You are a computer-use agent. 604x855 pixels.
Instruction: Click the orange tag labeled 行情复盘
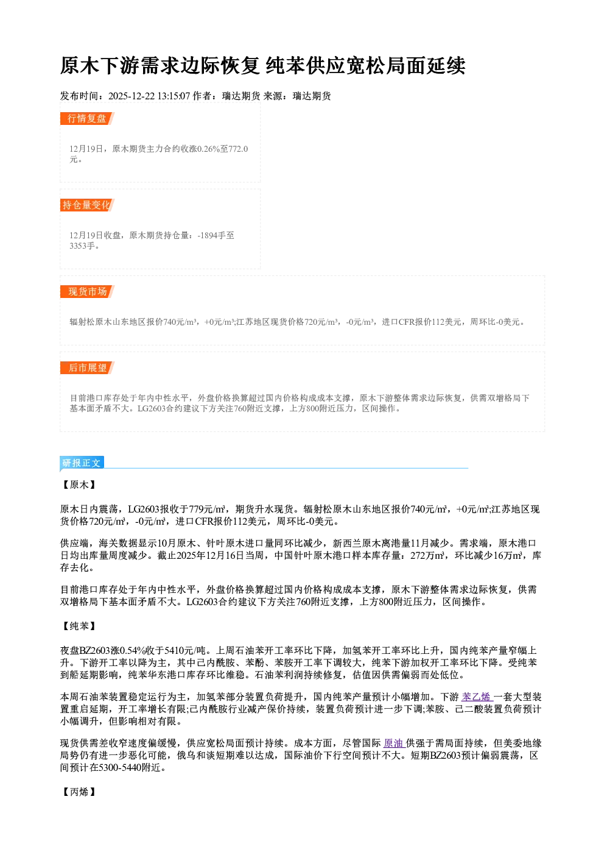[x=87, y=118]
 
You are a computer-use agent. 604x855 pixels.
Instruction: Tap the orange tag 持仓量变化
[x=87, y=205]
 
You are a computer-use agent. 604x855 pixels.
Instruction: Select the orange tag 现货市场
[x=87, y=292]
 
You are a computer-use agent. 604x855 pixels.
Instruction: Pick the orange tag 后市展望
[x=87, y=367]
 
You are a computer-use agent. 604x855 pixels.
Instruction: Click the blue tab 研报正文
[x=82, y=463]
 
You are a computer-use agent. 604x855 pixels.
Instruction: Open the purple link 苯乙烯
[x=477, y=697]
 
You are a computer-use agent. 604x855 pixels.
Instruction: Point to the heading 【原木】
[x=79, y=484]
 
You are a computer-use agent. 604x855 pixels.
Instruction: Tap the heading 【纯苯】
[x=79, y=626]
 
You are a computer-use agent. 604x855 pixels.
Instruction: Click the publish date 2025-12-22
[x=132, y=96]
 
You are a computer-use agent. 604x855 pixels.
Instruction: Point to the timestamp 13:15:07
[x=174, y=96]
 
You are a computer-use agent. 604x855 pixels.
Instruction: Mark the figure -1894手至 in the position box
[x=216, y=235]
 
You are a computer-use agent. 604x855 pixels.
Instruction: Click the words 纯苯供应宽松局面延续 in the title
[x=366, y=65]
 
